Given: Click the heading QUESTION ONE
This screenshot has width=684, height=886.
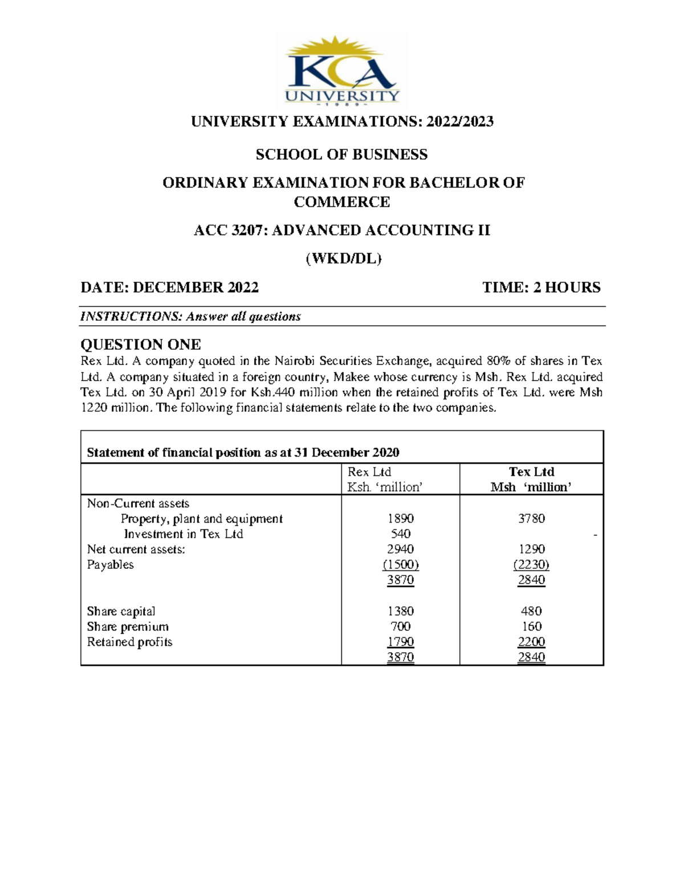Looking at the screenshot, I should point(140,345).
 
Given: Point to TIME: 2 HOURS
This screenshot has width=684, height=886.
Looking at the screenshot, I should point(541,288).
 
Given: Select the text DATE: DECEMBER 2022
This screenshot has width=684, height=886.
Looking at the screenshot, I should point(169,288).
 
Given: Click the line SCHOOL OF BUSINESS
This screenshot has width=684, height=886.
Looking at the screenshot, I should point(341,155).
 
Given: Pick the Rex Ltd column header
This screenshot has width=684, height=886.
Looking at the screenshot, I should point(369,472).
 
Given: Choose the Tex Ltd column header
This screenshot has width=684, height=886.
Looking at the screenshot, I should point(531,472).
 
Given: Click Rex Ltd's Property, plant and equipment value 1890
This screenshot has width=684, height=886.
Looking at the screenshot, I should point(400,519).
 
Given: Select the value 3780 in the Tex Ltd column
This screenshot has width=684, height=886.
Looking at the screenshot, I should point(531,519).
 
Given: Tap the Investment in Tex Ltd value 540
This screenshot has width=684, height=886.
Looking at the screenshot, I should point(400,534).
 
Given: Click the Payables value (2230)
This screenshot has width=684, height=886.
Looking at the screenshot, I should point(531,565).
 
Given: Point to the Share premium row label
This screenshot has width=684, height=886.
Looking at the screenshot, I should point(128,626).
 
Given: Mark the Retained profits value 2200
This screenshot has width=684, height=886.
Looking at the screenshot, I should point(531,642).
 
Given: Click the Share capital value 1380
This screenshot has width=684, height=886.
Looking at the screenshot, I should point(400,611).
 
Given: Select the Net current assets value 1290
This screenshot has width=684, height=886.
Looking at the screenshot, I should point(531,549).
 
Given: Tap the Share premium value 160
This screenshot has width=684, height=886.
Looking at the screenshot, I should point(531,626).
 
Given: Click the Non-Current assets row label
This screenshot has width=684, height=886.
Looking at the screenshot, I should point(138,503).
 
